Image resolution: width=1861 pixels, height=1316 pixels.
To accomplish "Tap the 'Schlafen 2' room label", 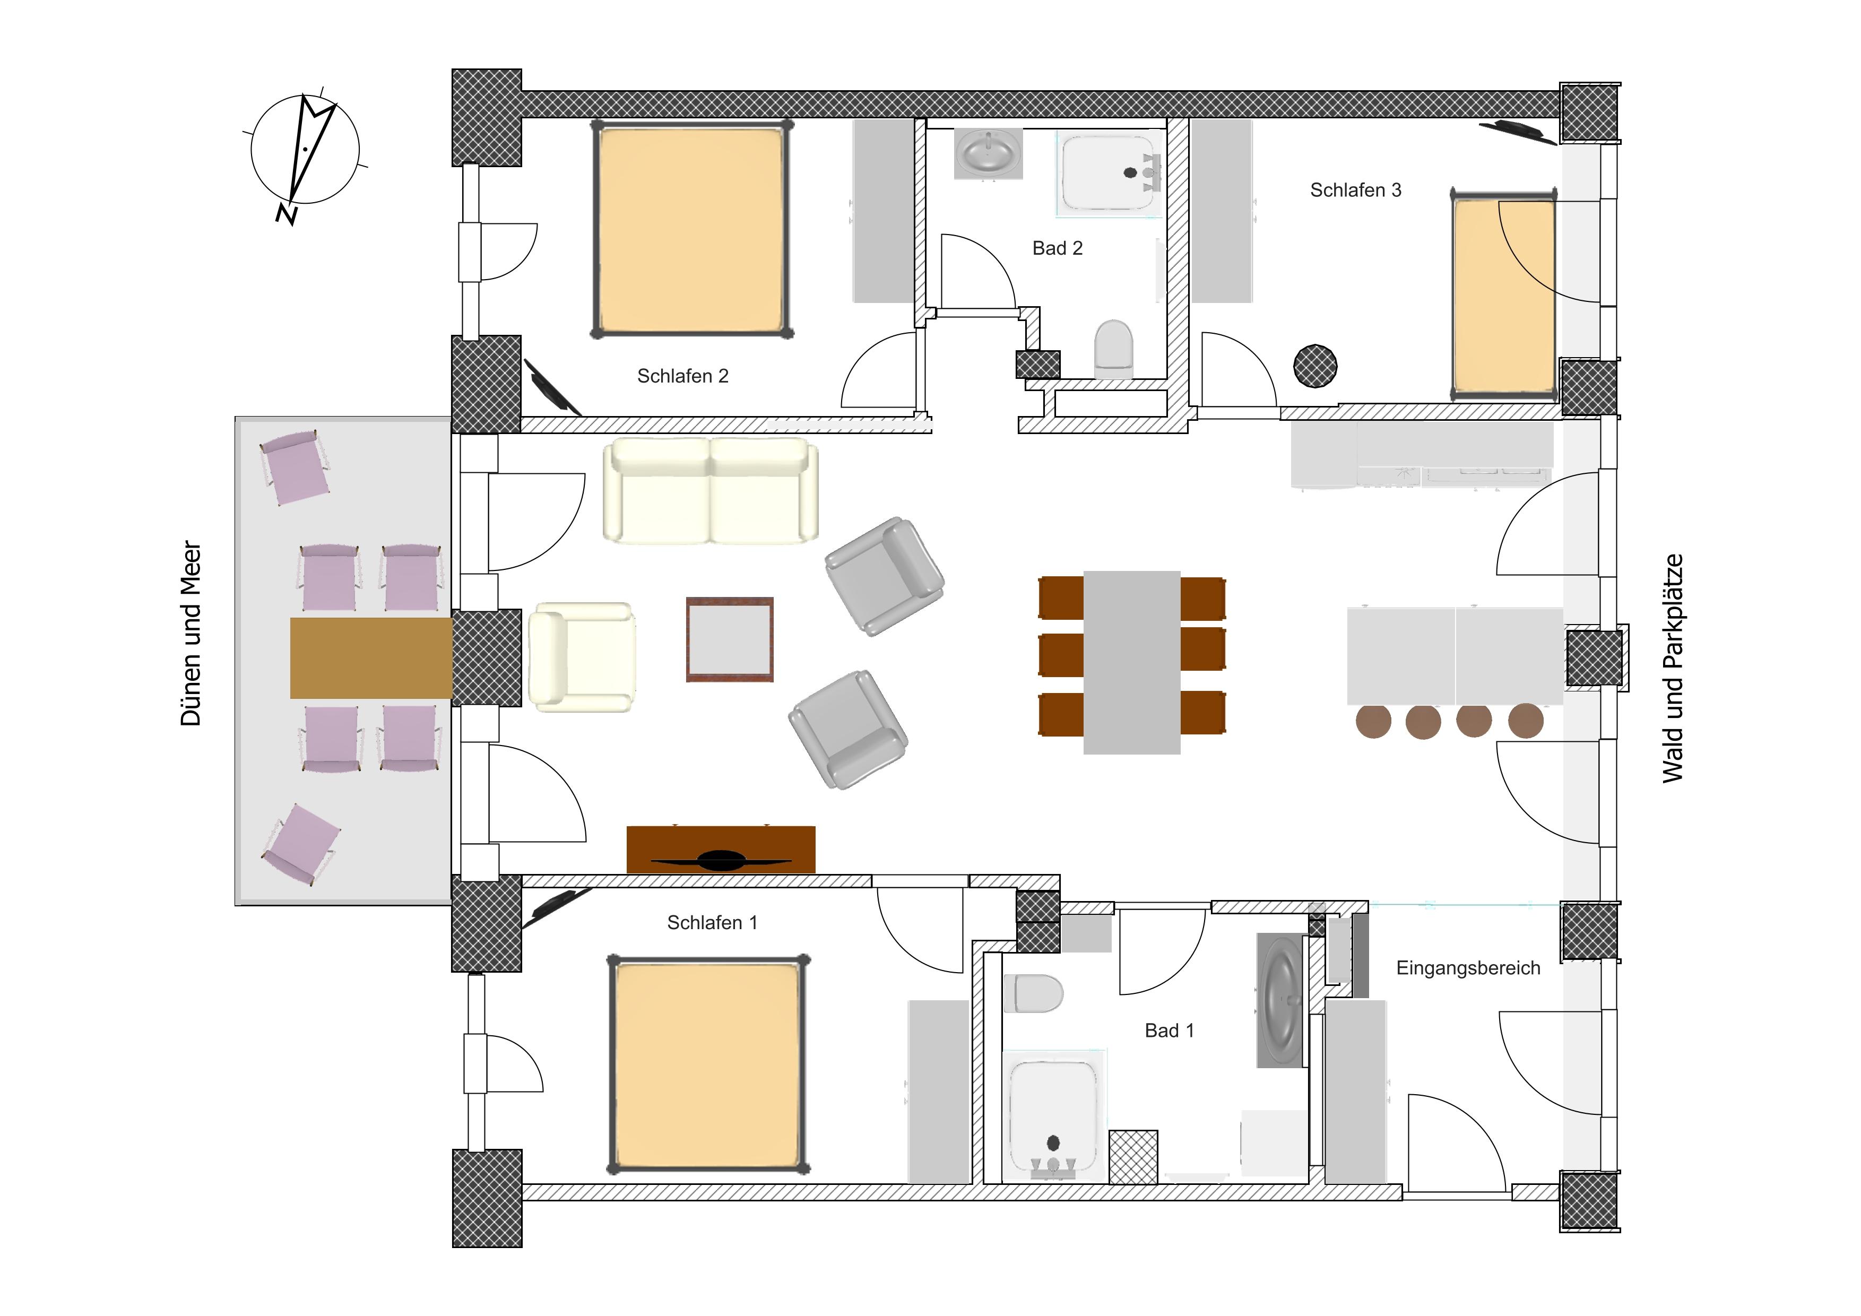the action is [x=682, y=376].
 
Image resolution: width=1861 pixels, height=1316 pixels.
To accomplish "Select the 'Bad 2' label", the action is [x=1057, y=248].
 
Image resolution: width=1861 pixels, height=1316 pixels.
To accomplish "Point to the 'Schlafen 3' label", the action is [x=1355, y=189].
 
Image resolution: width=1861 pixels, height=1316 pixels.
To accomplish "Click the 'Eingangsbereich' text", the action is [x=1468, y=968].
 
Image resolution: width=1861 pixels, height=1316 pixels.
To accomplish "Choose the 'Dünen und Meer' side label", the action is [x=191, y=634].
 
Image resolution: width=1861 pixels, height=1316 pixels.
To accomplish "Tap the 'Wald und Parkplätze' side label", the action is [x=1673, y=669].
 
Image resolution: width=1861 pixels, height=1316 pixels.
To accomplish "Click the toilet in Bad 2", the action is [x=1113, y=349].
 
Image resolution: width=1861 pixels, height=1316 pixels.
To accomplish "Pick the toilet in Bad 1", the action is [x=1033, y=993].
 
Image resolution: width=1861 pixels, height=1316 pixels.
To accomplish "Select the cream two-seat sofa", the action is [x=710, y=490].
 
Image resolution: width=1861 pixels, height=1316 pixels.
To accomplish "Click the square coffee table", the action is [x=730, y=639].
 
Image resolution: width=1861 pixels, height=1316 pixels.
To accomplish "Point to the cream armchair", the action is [x=581, y=657].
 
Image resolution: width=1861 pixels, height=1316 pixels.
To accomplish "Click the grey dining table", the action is [x=1131, y=663].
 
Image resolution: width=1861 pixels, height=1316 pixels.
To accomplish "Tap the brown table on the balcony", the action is [x=371, y=658].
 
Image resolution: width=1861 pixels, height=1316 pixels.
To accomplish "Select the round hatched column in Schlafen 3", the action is [x=1315, y=366].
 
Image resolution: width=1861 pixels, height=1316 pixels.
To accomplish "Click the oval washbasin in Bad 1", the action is [x=1282, y=1000].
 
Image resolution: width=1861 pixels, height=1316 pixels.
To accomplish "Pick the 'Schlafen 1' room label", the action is [x=712, y=923].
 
